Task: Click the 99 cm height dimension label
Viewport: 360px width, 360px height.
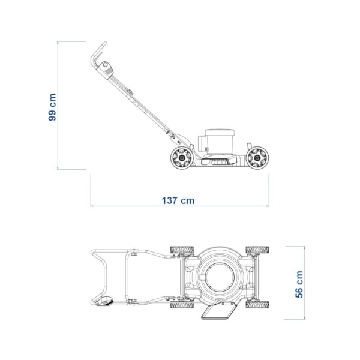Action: [x=52, y=107]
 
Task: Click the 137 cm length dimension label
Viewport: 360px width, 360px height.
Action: [x=178, y=200]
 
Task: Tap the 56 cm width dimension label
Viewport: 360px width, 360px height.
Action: [x=299, y=284]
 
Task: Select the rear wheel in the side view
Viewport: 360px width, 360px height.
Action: [x=182, y=158]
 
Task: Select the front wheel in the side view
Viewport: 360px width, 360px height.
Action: [x=257, y=158]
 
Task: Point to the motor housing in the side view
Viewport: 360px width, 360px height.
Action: [x=220, y=142]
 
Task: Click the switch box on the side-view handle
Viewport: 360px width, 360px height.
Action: [x=105, y=70]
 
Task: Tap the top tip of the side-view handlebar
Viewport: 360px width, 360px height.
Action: [x=106, y=43]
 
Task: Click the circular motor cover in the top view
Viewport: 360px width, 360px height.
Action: [x=220, y=277]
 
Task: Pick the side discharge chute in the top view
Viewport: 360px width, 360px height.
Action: [x=218, y=311]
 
